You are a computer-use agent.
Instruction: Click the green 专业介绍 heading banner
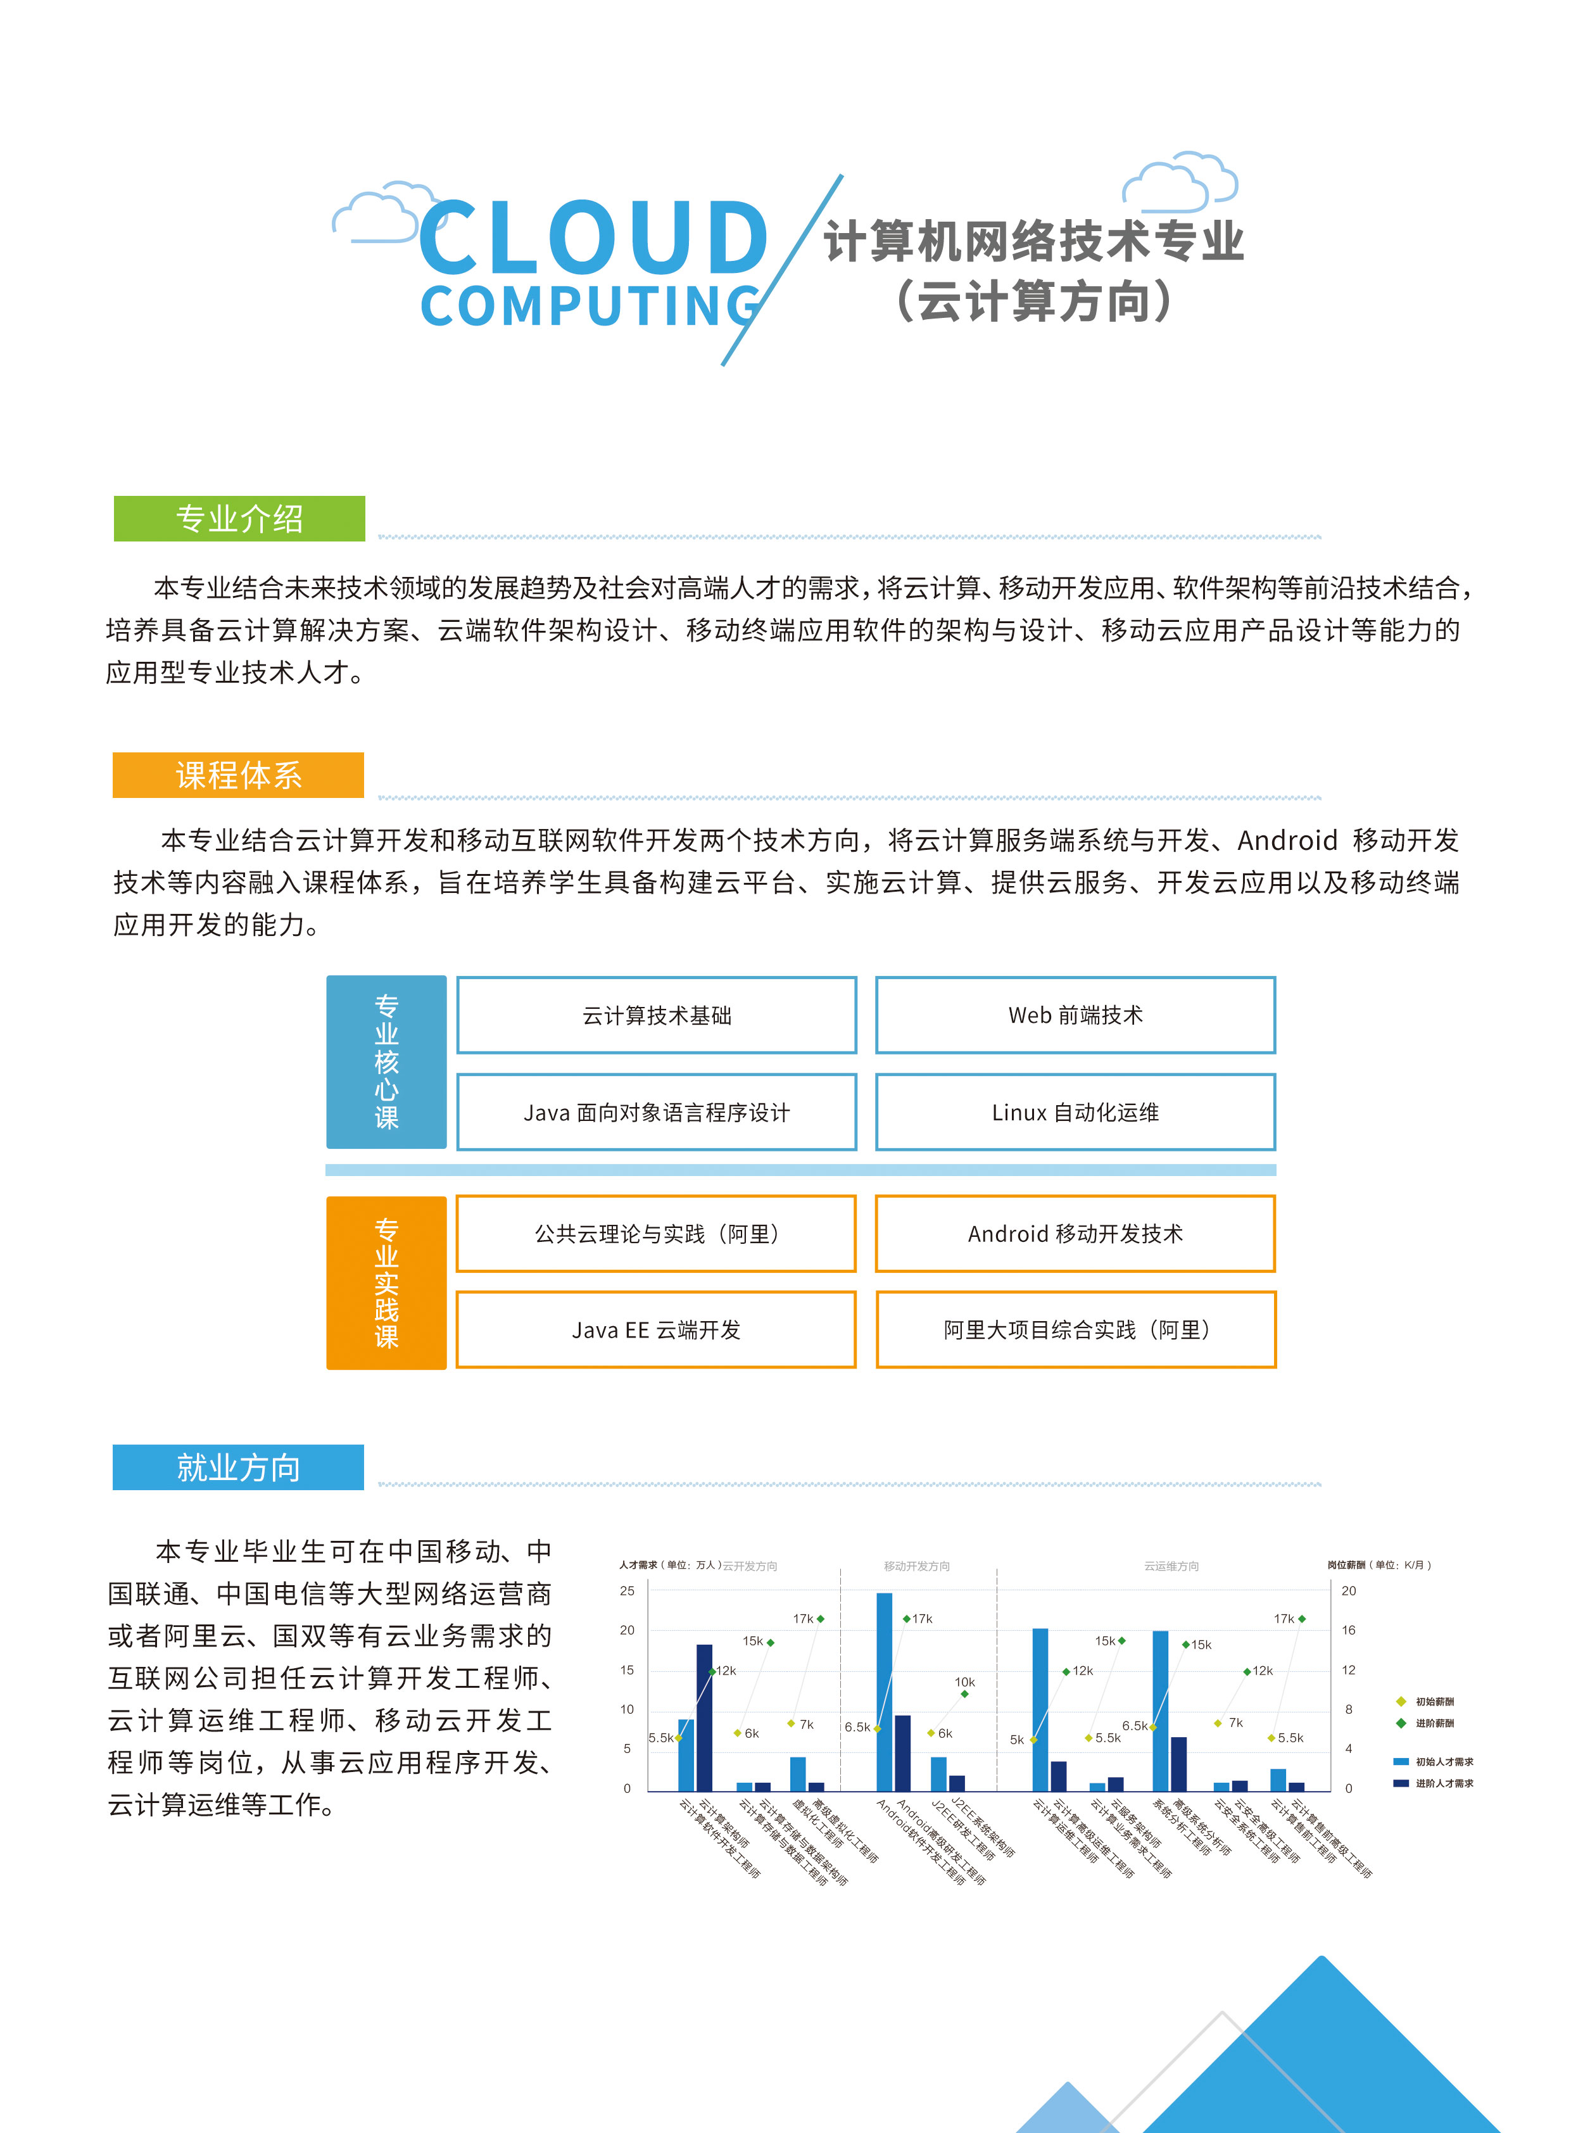pos(239,518)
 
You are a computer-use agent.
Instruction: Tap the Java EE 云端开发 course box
pos(656,1329)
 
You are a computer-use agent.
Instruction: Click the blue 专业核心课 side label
pos(386,1061)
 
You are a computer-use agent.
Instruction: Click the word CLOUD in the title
pos(593,237)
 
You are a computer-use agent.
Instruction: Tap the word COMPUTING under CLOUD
pos(590,307)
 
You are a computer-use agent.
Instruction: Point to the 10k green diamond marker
pos(964,1693)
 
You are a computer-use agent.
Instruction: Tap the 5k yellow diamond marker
pos(1033,1739)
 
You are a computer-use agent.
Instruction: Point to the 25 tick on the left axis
pos(627,1591)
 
